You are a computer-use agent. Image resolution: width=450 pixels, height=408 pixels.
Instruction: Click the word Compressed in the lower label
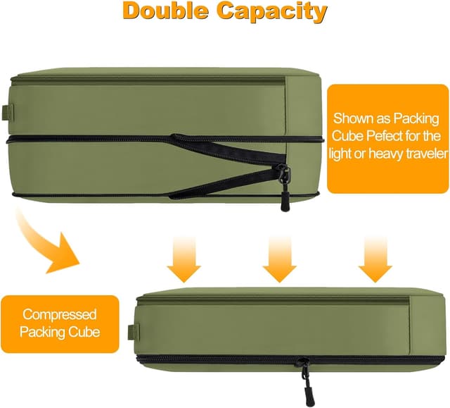coord(59,314)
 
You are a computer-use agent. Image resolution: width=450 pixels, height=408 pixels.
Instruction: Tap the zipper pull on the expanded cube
coord(285,181)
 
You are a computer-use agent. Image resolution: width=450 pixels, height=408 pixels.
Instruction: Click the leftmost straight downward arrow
coord(184,257)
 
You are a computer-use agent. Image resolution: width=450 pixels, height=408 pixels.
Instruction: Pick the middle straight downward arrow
coord(279,257)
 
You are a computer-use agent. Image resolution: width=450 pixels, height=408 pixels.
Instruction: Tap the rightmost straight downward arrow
coord(375,257)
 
